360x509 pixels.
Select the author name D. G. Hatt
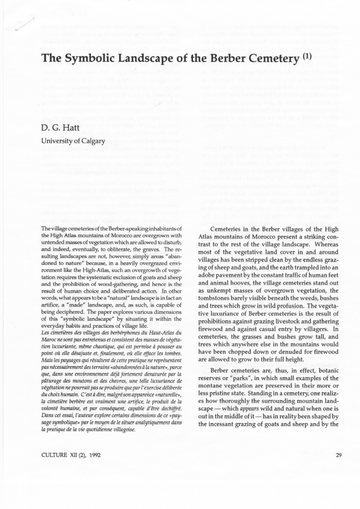coord(59,128)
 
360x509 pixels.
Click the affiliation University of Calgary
coord(73,141)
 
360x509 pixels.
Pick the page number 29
coord(339,472)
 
